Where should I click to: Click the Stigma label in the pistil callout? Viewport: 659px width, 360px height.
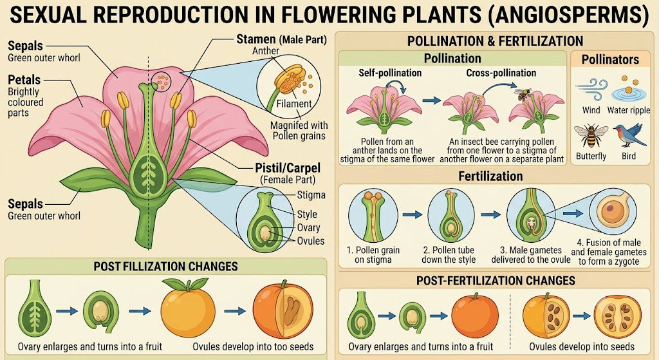[x=311, y=195]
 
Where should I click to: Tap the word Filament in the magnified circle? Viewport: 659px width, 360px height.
[x=294, y=104]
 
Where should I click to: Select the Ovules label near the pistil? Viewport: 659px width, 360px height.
[x=311, y=241]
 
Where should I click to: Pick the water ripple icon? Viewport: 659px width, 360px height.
[x=628, y=89]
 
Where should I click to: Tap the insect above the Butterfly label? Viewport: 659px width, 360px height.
[x=591, y=135]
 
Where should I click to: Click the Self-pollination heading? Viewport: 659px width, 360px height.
[x=390, y=73]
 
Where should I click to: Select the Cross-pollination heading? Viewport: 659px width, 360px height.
[x=501, y=73]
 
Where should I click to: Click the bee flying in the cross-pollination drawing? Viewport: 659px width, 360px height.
[x=524, y=94]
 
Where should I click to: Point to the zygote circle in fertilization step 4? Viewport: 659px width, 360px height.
[x=613, y=211]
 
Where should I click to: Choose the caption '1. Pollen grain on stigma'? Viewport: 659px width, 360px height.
[x=373, y=255]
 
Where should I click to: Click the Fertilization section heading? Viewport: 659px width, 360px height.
[x=490, y=176]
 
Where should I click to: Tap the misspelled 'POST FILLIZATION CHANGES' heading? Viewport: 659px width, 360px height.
[x=165, y=267]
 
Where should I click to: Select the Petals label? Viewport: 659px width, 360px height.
[x=24, y=80]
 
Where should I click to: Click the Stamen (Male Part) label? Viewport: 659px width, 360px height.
[x=281, y=39]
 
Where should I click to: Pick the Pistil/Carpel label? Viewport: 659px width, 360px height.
[x=288, y=168]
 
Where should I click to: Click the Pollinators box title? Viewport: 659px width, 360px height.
[x=610, y=60]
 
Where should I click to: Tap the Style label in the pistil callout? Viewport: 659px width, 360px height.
[x=307, y=214]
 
